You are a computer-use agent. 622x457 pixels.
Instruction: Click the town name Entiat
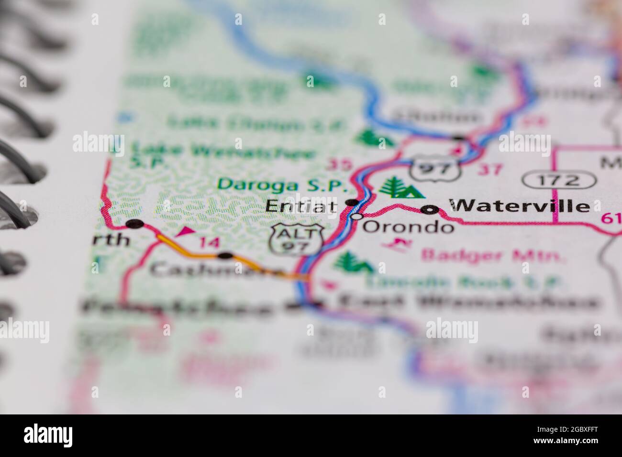tap(301, 207)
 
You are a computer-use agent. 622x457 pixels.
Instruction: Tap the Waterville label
tap(519, 206)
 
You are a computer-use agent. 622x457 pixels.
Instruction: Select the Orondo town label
tap(408, 226)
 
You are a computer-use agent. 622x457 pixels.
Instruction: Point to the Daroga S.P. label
tap(277, 184)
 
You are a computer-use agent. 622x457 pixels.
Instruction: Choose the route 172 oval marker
tap(559, 181)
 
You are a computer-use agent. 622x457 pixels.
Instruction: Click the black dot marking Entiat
tap(352, 203)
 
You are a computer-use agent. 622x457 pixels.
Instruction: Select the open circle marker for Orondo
tap(356, 217)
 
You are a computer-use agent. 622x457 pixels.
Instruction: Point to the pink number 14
tap(208, 243)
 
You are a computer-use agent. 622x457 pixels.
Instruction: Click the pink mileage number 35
tap(337, 165)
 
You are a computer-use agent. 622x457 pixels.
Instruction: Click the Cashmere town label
tap(215, 271)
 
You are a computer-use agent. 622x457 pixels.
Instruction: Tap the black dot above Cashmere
tap(225, 255)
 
